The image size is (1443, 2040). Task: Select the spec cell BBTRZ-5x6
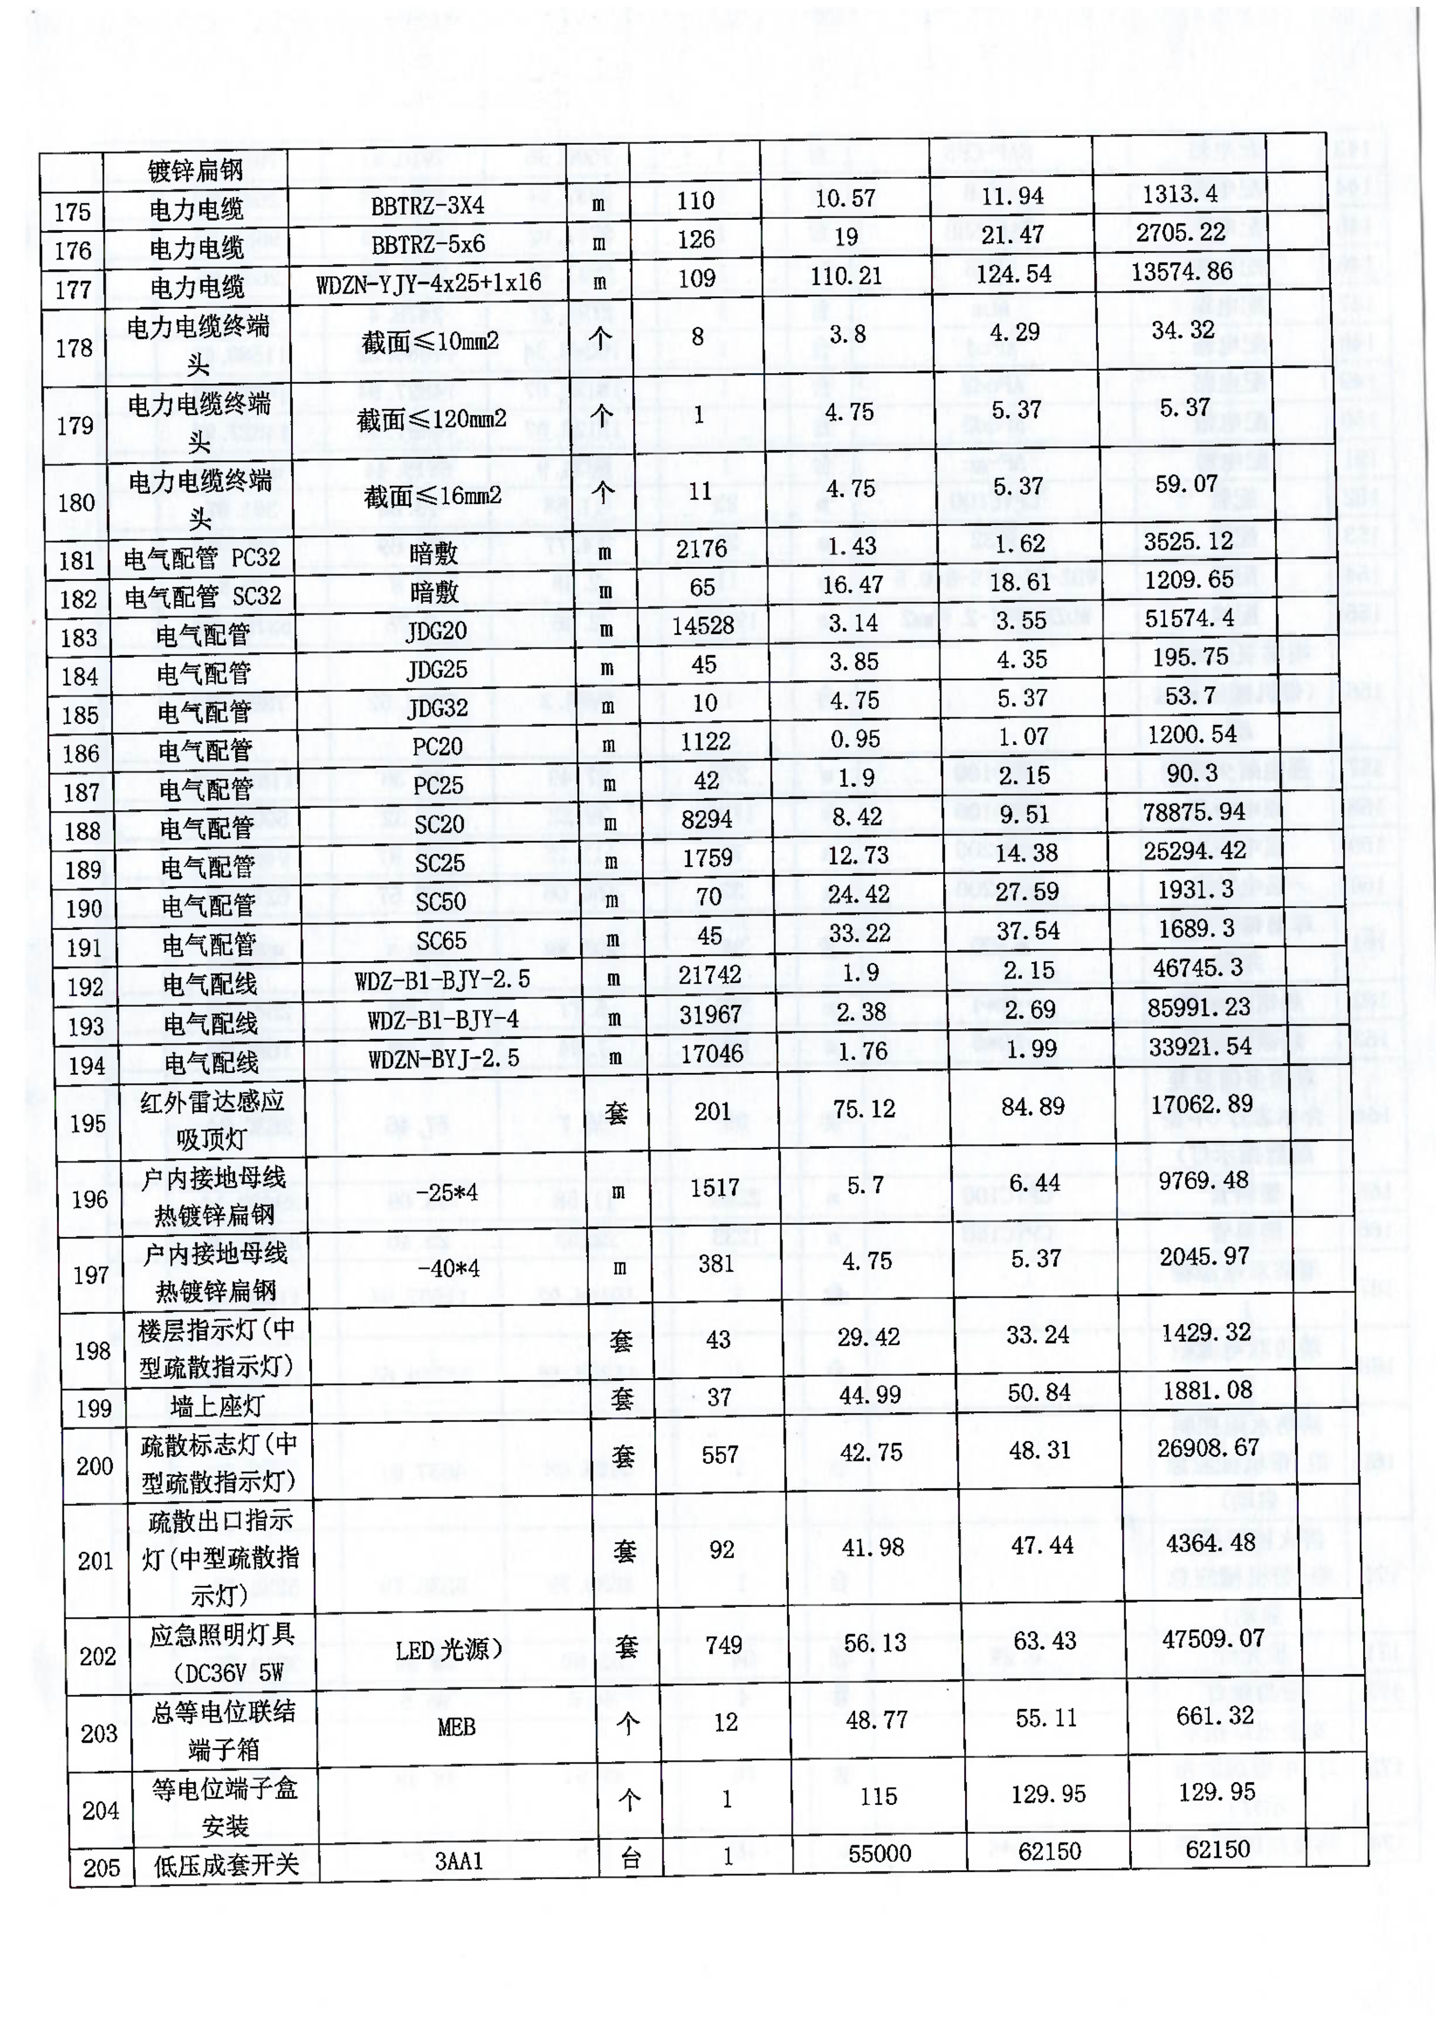(x=427, y=244)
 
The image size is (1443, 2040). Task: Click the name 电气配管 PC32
(x=202, y=558)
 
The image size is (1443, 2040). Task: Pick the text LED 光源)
(x=449, y=1651)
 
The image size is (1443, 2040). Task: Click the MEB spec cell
(x=456, y=1727)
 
